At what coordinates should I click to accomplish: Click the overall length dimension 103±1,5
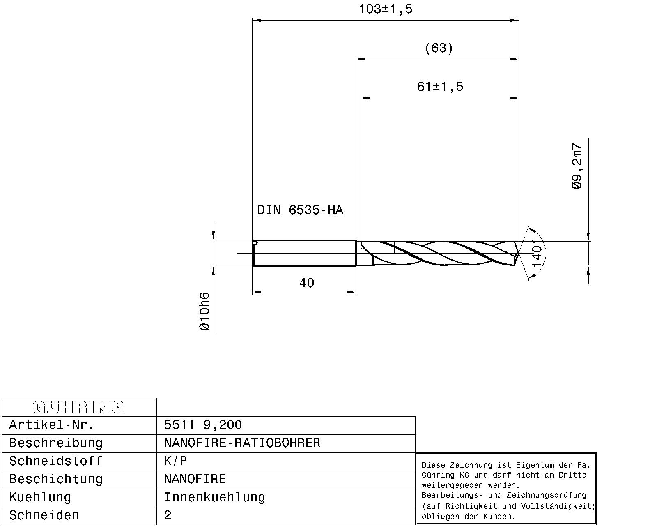385,9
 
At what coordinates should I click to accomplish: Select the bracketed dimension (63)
439,48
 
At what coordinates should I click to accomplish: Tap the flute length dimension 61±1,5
440,87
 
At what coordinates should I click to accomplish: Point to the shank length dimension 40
307,283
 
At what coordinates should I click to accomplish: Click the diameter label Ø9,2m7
577,166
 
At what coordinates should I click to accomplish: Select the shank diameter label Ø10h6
204,311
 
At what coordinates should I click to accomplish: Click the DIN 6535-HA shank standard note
300,210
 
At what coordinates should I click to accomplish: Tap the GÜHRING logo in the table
78,407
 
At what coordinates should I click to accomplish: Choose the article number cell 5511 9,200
203,425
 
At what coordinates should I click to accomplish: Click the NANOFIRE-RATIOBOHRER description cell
242,443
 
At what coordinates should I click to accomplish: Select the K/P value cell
175,461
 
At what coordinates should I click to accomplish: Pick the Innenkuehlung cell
214,497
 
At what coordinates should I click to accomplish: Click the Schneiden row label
44,515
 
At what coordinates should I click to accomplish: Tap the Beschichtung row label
55,479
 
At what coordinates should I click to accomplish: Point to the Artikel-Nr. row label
52,425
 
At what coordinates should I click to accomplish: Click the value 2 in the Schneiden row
168,515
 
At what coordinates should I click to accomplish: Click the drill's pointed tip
518,254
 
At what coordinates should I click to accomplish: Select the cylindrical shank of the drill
304,253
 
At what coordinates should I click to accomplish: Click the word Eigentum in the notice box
532,465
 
